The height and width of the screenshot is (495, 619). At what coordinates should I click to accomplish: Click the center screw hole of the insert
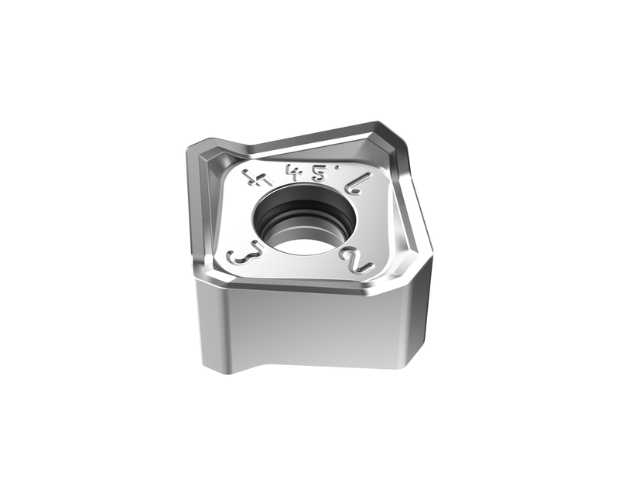(x=306, y=220)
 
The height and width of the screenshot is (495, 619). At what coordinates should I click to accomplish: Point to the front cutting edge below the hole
(x=309, y=287)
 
